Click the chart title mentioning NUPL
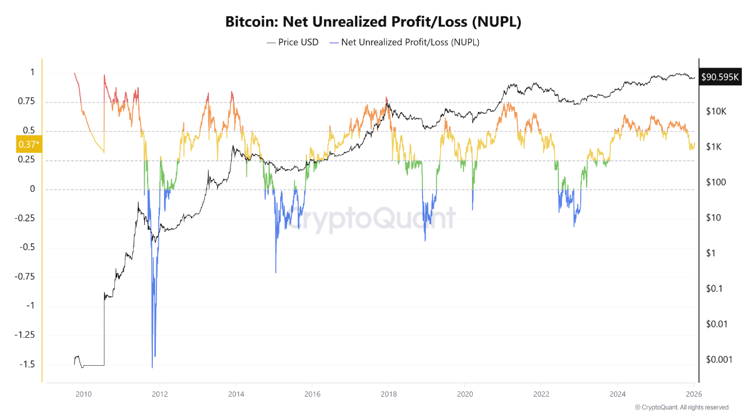(x=373, y=22)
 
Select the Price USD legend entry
(x=292, y=42)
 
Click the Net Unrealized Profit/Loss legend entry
(x=404, y=42)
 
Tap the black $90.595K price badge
(x=720, y=76)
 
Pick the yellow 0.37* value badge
(x=29, y=144)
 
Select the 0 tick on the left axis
(x=33, y=189)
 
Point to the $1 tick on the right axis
(x=711, y=253)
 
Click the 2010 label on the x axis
(x=83, y=393)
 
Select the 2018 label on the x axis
(x=388, y=393)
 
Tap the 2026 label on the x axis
(x=693, y=393)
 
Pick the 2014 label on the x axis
(x=236, y=393)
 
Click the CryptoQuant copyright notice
(x=681, y=407)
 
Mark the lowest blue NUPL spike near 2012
(x=152, y=367)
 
